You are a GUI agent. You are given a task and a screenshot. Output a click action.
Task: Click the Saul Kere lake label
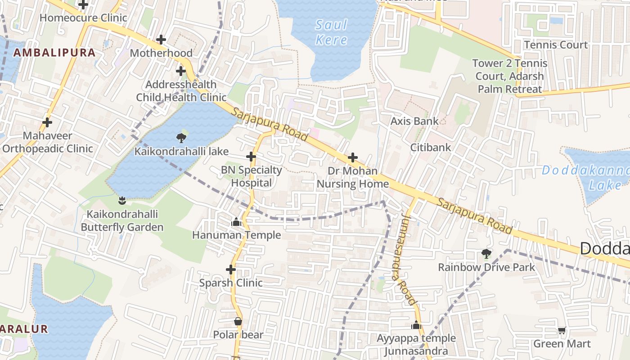(332, 32)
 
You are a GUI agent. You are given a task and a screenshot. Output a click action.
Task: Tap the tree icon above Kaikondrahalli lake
(181, 138)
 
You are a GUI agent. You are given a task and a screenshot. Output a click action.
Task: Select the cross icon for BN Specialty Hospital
(251, 157)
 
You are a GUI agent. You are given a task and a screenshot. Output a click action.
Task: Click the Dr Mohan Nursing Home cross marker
(353, 157)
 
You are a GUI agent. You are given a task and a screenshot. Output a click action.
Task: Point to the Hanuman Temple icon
(236, 222)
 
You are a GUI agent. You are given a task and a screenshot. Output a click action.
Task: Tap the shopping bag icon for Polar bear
(238, 321)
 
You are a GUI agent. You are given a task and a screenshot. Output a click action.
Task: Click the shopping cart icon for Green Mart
(562, 331)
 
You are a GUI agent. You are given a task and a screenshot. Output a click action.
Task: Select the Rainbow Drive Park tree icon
(486, 254)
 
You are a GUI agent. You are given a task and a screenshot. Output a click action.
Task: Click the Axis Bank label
(414, 121)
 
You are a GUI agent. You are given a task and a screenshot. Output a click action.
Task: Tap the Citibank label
(430, 147)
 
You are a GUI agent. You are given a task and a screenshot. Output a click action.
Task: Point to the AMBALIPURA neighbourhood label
(54, 53)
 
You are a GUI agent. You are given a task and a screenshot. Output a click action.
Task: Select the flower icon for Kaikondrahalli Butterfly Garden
(121, 200)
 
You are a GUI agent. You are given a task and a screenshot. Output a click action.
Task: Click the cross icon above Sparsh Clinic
(231, 270)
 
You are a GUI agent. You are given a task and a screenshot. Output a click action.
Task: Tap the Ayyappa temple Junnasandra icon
(416, 325)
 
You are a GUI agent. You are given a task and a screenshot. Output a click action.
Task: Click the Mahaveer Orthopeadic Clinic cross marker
(47, 122)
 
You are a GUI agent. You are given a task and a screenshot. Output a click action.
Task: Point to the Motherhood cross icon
(161, 40)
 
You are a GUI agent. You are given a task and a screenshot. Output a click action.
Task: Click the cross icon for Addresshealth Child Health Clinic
(181, 71)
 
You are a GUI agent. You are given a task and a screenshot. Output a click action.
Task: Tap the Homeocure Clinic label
(83, 18)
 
